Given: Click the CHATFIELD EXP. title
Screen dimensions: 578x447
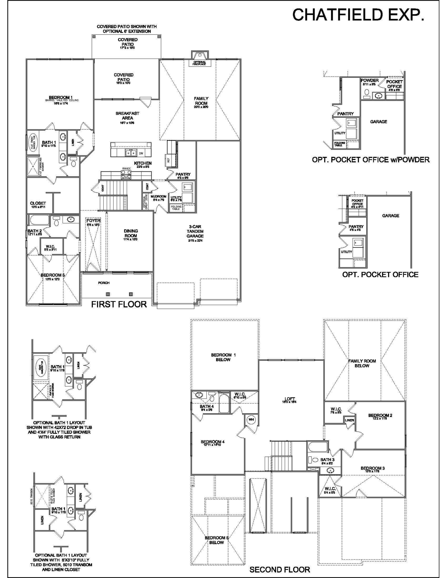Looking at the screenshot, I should tap(358, 15).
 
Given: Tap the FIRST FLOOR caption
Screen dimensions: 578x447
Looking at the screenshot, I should tap(119, 304).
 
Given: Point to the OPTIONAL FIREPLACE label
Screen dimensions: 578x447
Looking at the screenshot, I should tap(199, 63).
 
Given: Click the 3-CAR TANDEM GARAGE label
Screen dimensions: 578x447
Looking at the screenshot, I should tap(195, 231).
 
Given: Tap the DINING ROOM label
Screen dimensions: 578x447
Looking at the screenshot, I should tap(131, 233).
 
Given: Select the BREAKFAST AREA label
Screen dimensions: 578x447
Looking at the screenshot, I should tap(127, 116).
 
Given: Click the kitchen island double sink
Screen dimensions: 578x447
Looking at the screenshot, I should tap(131, 153).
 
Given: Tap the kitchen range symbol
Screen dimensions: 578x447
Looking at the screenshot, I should tap(126, 174).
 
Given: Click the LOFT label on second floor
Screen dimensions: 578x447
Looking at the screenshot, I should tap(290, 399).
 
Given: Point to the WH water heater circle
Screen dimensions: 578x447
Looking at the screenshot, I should tap(251, 419).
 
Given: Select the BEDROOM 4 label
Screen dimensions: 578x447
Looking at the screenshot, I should tap(213, 442).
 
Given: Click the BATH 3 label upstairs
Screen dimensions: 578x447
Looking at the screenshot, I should tap(328, 460).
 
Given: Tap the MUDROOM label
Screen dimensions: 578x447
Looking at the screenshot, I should tap(158, 196).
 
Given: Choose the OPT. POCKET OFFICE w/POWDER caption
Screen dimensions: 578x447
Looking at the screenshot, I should tap(371, 160).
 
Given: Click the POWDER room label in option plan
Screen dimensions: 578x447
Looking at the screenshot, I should tap(369, 80).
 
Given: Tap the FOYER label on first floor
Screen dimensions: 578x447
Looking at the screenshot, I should tap(93, 221).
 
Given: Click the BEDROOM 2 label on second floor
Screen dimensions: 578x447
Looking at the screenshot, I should tap(380, 415).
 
